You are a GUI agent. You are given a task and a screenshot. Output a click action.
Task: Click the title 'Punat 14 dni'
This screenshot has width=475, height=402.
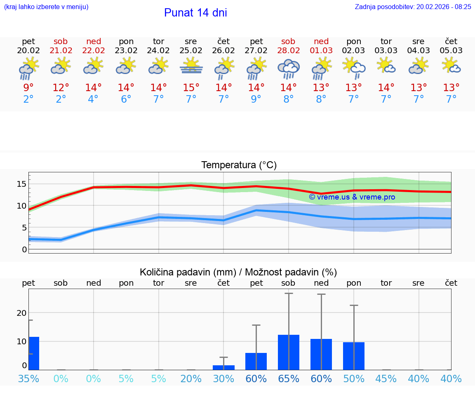tap(195, 13)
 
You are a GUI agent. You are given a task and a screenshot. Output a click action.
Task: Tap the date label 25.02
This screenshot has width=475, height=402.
tap(191, 50)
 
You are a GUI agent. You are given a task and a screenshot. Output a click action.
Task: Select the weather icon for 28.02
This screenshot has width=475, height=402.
tap(288, 68)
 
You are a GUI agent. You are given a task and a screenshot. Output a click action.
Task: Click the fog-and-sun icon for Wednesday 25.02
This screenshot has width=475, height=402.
tap(191, 67)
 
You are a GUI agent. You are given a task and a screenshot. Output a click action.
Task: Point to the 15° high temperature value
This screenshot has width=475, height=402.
tap(191, 88)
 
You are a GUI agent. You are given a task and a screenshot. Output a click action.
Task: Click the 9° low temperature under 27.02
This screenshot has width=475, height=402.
tap(256, 99)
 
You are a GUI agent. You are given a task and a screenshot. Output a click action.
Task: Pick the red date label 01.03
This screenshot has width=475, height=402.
tap(321, 50)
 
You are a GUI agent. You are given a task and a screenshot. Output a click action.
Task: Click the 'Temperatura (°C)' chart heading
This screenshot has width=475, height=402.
tap(239, 165)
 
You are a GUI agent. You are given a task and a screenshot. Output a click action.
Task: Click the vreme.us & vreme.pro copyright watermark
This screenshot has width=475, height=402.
tap(352, 197)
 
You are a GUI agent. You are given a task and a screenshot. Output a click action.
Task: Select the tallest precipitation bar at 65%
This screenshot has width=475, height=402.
tap(289, 352)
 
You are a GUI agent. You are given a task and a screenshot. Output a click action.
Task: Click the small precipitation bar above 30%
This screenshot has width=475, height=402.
tap(223, 367)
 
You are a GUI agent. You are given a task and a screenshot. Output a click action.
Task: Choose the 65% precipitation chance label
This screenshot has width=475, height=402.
tap(289, 378)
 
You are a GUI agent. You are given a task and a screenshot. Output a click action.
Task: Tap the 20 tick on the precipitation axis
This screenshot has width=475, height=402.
tap(21, 313)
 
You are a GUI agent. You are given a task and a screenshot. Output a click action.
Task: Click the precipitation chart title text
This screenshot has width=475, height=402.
tap(238, 272)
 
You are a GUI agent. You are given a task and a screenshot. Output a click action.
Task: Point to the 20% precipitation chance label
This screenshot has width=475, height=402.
tap(191, 378)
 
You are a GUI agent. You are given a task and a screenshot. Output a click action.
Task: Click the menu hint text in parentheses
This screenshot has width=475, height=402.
tap(46, 7)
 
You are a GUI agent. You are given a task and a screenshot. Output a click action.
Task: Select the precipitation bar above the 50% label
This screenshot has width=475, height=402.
tap(354, 356)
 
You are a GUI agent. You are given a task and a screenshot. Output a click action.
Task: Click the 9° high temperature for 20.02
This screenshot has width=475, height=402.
tap(28, 88)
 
